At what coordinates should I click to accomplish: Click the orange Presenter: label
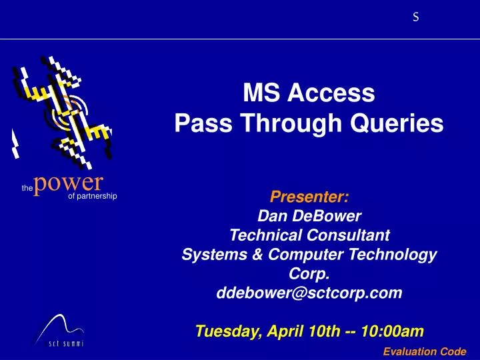point(309,197)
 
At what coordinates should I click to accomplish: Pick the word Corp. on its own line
point(309,273)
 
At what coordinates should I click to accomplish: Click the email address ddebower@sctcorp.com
point(309,293)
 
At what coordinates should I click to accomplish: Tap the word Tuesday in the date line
point(227,331)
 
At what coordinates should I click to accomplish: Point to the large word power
point(68,182)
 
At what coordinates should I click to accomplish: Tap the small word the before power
point(27,189)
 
